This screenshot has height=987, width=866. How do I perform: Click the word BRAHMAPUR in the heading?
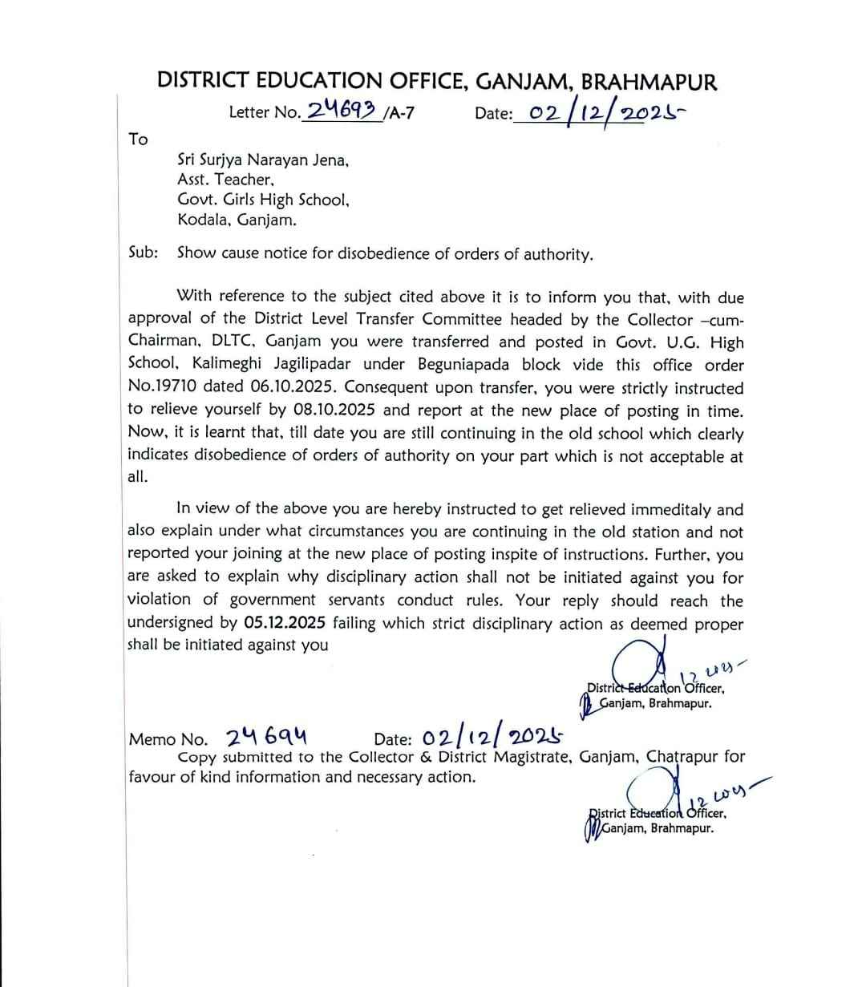(x=649, y=81)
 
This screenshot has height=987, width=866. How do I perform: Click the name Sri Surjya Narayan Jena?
(x=262, y=160)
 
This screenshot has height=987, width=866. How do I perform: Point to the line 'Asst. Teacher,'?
(x=226, y=180)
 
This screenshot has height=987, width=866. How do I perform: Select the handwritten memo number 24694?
(x=268, y=737)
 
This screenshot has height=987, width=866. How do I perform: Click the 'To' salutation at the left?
(x=138, y=140)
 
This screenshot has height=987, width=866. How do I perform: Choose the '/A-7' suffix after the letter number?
(x=399, y=112)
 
